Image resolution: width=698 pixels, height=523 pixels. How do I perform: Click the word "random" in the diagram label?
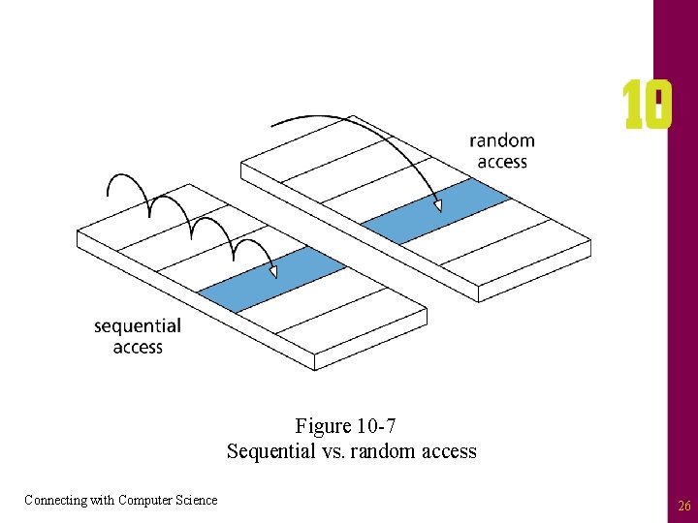point(501,141)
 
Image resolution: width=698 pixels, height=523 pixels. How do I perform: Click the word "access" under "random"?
point(501,162)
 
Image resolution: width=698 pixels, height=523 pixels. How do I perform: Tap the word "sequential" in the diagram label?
point(138,326)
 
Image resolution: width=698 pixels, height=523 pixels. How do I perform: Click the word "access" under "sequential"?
point(138,347)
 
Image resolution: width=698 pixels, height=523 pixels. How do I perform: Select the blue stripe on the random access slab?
point(435,210)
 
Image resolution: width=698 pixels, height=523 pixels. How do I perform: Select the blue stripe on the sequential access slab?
point(271,279)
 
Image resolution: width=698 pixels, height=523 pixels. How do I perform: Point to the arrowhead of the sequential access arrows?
point(273,273)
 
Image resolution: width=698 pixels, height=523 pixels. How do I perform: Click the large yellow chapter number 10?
point(647,106)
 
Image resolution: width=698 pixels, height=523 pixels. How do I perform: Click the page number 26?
point(683,506)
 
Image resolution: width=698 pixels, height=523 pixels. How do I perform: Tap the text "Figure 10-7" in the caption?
point(346,426)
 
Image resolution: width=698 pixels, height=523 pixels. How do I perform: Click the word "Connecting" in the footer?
point(54,500)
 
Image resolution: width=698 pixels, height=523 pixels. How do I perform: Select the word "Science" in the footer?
point(197,500)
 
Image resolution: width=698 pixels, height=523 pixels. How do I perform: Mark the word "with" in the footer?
point(102,500)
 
